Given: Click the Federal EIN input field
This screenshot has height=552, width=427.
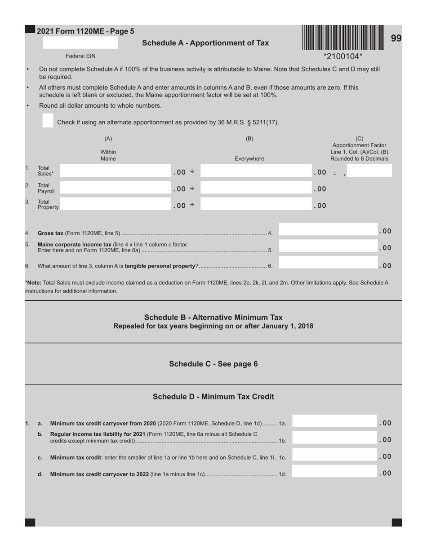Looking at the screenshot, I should pos(80,43).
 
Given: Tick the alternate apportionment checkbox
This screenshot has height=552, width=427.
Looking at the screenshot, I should pos(48,121).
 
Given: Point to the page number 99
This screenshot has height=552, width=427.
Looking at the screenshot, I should pos(396,39).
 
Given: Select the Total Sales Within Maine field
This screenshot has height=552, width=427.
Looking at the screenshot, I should pos(115,171).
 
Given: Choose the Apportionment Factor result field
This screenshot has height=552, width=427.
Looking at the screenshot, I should pos(369,171).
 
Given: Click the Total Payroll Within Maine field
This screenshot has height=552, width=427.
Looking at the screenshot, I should pos(115,188).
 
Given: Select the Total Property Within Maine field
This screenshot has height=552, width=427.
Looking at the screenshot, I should pos(115,204).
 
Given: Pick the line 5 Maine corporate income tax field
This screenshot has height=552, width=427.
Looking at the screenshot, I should pos(328,246).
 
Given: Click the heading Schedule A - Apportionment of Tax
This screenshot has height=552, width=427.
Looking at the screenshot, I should pos(205,43).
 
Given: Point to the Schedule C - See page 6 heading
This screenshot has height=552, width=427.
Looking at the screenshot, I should pos(213,364).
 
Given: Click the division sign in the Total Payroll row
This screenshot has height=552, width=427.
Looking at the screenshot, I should pos(192,188).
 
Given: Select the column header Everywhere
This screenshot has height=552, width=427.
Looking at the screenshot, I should pos(249,159).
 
